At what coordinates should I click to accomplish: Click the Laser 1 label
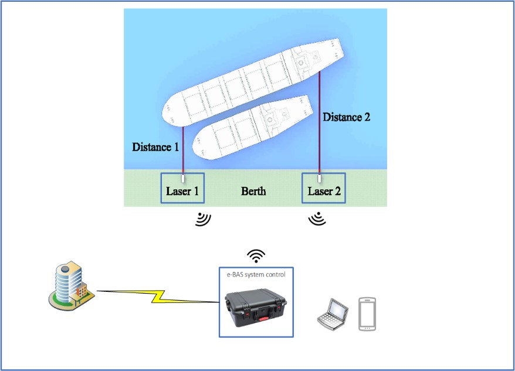point(183,191)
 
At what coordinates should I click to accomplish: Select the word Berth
point(253,191)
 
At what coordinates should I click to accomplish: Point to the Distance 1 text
point(155,147)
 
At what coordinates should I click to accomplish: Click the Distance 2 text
point(347,117)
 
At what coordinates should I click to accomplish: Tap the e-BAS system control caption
point(256,274)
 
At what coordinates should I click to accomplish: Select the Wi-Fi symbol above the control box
point(256,256)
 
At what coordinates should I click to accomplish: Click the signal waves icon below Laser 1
point(203,220)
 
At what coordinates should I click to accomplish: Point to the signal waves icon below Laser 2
point(317,220)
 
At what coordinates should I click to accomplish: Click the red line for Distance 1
point(183,149)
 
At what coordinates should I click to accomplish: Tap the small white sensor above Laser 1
point(183,177)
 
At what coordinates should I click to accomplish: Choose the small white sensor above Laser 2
point(320,177)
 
